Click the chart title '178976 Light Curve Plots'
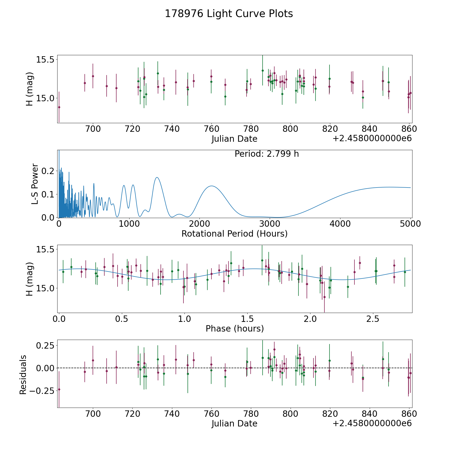[229, 14]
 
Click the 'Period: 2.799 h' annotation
[267, 154]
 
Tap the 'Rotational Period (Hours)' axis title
[234, 234]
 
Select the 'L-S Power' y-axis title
[35, 184]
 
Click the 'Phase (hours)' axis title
[235, 328]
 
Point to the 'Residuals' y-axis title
[23, 375]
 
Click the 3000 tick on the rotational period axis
[270, 224]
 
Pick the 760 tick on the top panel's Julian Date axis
[211, 129]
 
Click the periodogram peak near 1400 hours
[157, 177]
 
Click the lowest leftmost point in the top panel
[59, 107]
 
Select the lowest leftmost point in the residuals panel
[59, 390]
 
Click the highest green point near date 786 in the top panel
[263, 70]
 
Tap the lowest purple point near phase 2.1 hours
[324, 297]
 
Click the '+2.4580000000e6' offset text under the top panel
[372, 139]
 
